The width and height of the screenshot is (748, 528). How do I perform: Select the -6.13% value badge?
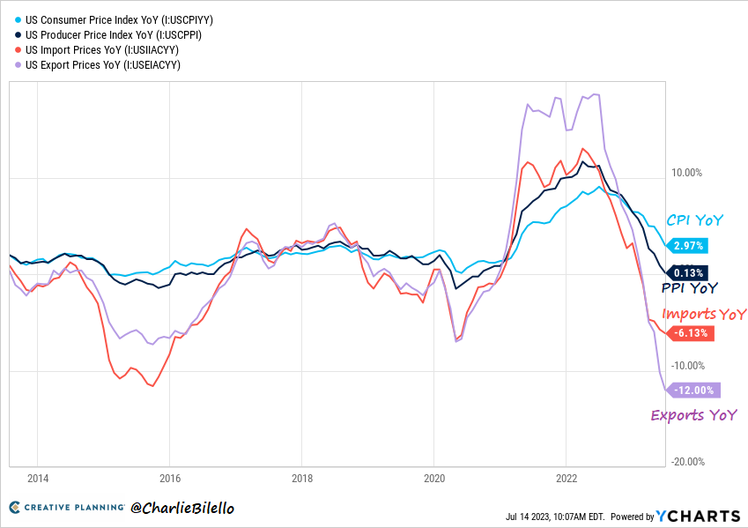(x=692, y=333)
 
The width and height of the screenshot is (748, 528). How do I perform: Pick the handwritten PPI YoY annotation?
(x=689, y=288)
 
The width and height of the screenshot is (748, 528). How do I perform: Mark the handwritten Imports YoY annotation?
(x=703, y=315)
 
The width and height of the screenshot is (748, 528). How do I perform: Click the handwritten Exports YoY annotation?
(x=693, y=415)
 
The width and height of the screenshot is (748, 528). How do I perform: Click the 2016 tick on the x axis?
(x=170, y=479)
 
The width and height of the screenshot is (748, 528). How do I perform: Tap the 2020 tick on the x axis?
(x=433, y=479)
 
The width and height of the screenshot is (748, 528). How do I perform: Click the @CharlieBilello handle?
(x=182, y=509)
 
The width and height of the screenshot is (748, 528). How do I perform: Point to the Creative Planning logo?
(x=65, y=509)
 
